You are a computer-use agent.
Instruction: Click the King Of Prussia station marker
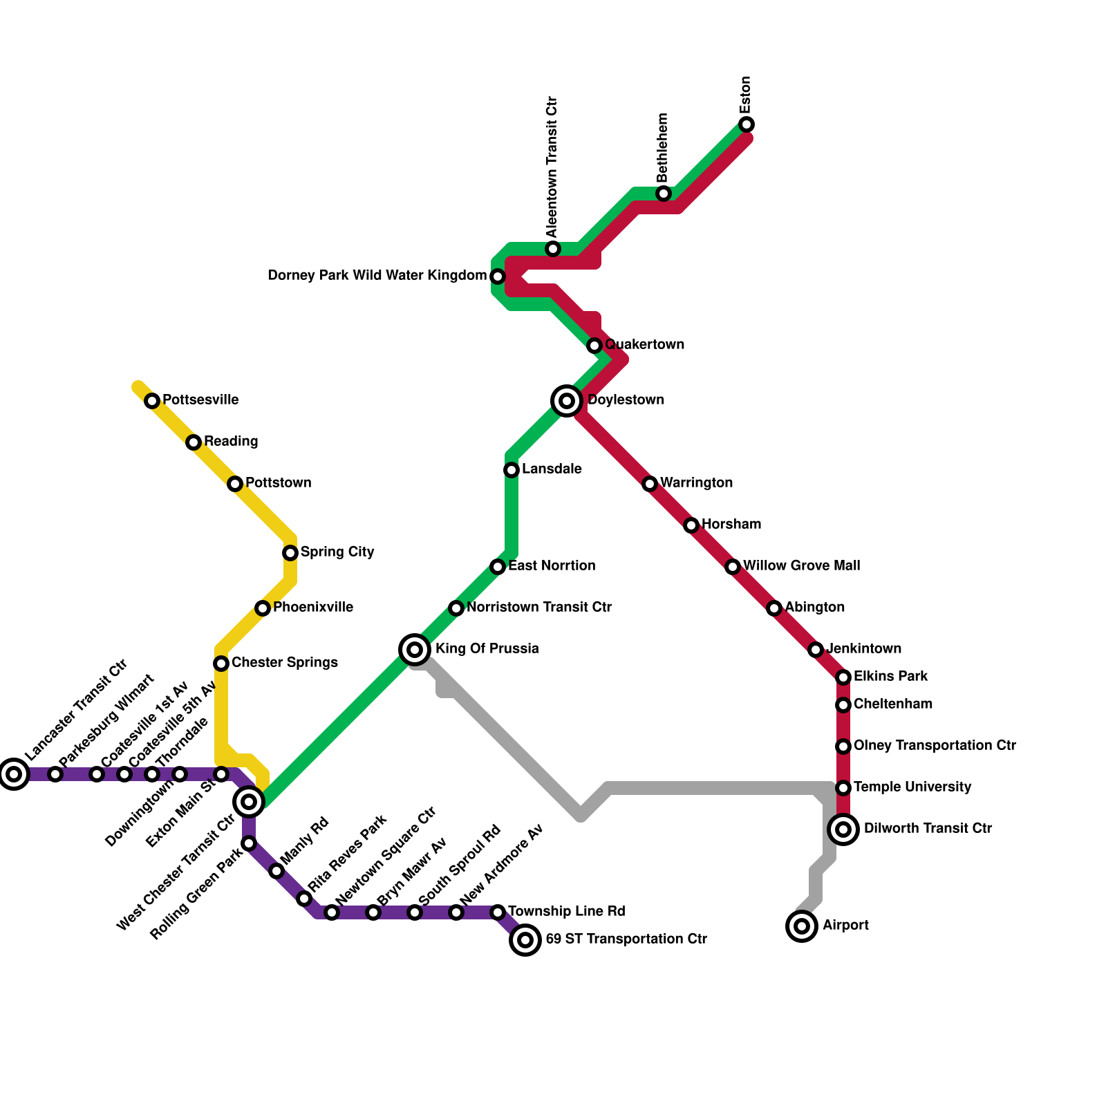click(x=415, y=649)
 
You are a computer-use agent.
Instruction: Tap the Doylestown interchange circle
click(x=567, y=400)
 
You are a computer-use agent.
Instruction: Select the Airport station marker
click(x=802, y=926)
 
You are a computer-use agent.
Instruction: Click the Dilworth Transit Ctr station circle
click(x=843, y=829)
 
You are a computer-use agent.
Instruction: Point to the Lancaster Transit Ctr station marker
click(x=14, y=774)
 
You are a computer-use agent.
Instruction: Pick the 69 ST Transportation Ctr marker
click(x=525, y=939)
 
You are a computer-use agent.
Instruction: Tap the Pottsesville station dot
click(x=152, y=401)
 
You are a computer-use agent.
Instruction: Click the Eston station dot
click(x=747, y=124)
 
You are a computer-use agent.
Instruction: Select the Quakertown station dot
click(x=594, y=345)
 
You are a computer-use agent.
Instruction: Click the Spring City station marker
click(x=290, y=553)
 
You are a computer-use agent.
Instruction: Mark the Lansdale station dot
click(x=512, y=470)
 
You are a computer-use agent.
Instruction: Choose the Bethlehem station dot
click(x=664, y=194)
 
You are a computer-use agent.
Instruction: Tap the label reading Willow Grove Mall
click(x=801, y=565)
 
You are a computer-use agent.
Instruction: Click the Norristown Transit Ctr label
click(x=538, y=607)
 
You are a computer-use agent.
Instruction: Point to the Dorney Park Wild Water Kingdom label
click(x=377, y=276)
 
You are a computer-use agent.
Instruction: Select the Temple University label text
click(x=912, y=787)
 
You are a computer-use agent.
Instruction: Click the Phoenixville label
click(x=312, y=607)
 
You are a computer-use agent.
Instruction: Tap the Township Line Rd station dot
click(x=498, y=912)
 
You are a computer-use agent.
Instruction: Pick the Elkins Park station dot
click(x=843, y=677)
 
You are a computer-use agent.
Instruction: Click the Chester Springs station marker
click(x=221, y=664)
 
